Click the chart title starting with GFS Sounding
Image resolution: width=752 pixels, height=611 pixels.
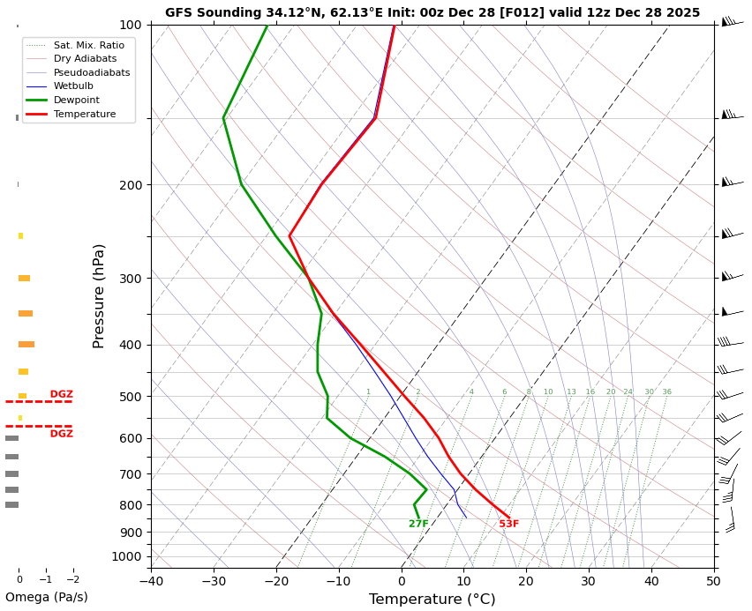pos(432,12)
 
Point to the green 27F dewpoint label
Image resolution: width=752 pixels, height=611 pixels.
pos(418,525)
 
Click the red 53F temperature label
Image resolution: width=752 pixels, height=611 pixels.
pos(509,525)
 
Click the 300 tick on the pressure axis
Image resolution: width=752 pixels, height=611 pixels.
pos(131,279)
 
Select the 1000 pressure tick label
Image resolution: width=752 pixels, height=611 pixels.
pos(127,556)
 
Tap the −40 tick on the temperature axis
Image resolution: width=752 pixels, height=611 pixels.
pos(151,581)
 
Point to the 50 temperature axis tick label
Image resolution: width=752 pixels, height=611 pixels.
pos(713,581)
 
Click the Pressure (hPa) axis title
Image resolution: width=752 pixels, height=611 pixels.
pos(100,295)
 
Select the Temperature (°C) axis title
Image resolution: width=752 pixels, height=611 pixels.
pos(432,600)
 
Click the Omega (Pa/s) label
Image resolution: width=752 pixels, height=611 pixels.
pos(46,598)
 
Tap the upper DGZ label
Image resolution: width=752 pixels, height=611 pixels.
pos(61,394)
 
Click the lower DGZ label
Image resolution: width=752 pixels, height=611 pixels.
pos(61,434)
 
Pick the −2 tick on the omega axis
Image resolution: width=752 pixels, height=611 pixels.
pos(73,579)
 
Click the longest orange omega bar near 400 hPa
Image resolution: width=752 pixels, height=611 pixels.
pos(26,345)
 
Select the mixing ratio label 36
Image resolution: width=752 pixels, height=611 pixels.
pos(666,392)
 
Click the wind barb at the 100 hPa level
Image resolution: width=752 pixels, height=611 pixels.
pos(729,21)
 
